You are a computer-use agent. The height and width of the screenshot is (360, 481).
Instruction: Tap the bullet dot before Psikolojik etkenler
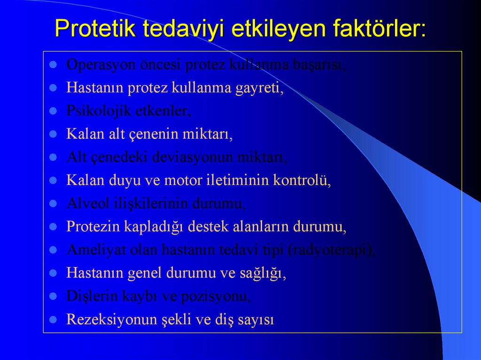click(54, 111)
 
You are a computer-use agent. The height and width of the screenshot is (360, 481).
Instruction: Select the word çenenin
click(152, 134)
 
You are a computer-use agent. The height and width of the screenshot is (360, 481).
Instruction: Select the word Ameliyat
click(90, 250)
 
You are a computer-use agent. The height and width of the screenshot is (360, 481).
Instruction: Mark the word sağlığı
click(264, 273)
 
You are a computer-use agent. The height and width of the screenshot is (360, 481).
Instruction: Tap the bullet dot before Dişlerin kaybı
click(54, 296)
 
